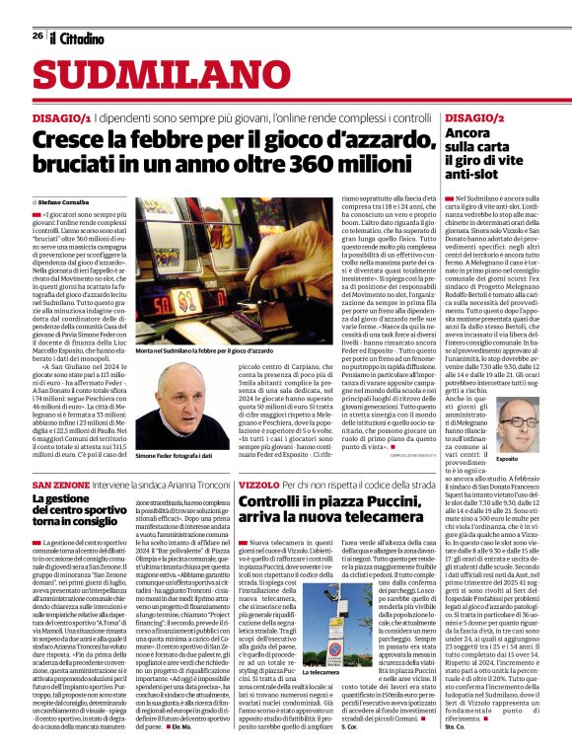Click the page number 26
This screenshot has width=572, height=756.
click(x=37, y=36)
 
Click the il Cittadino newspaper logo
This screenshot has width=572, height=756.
click(x=77, y=38)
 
